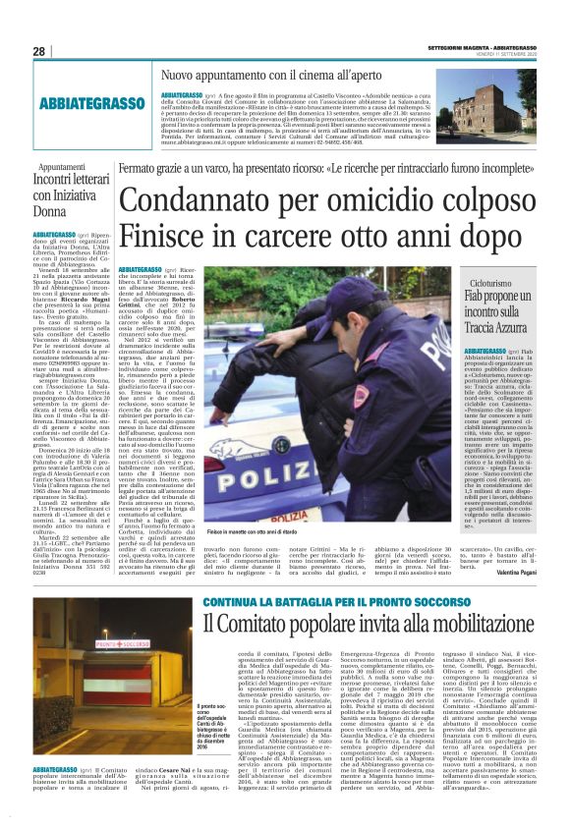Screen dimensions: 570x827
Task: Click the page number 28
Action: [39, 51]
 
